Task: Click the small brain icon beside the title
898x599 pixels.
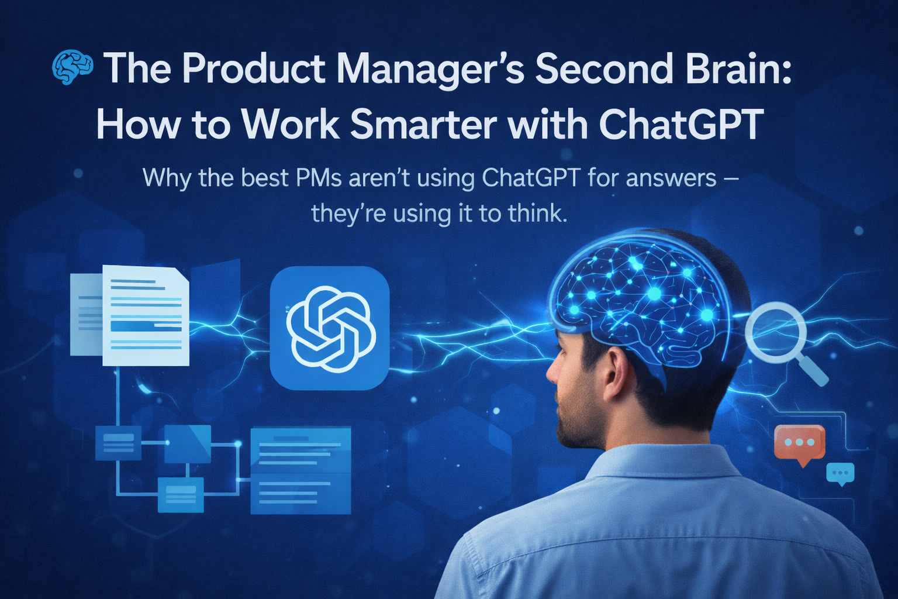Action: pyautogui.click(x=72, y=68)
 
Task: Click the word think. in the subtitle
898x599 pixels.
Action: pyautogui.click(x=538, y=213)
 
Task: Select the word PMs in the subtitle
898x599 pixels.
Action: pyautogui.click(x=319, y=177)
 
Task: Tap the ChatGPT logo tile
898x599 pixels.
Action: pyautogui.click(x=330, y=328)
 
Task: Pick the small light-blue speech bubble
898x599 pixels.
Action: pyautogui.click(x=841, y=473)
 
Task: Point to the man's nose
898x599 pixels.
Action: pyautogui.click(x=552, y=372)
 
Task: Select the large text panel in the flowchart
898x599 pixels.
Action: pyautogui.click(x=301, y=470)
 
